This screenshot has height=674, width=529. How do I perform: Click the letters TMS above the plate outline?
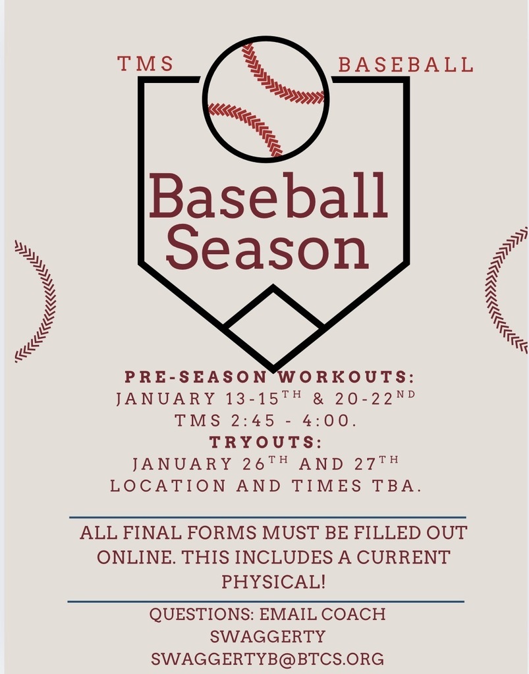click(146, 64)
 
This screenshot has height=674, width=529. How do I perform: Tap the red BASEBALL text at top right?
click(405, 65)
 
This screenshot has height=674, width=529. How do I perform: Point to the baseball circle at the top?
click(265, 99)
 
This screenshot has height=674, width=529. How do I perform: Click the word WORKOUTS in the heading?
click(345, 378)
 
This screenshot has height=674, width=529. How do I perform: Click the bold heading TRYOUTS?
click(265, 442)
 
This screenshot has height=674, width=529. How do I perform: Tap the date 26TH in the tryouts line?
click(269, 463)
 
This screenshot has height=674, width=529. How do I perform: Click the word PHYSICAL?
click(273, 582)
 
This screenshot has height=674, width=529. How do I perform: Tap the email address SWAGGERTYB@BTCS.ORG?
click(267, 658)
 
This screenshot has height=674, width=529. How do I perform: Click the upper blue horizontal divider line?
click(267, 517)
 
